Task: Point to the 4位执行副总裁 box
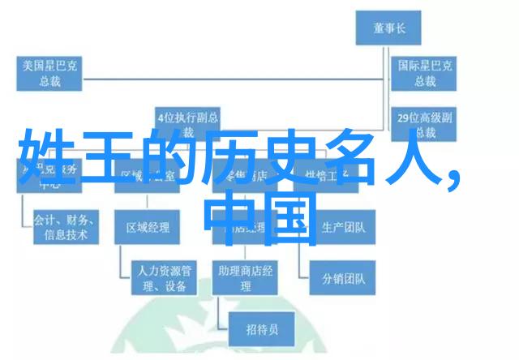coord(190,123)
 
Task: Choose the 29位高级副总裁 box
coord(422,125)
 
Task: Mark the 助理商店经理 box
coord(243,277)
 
